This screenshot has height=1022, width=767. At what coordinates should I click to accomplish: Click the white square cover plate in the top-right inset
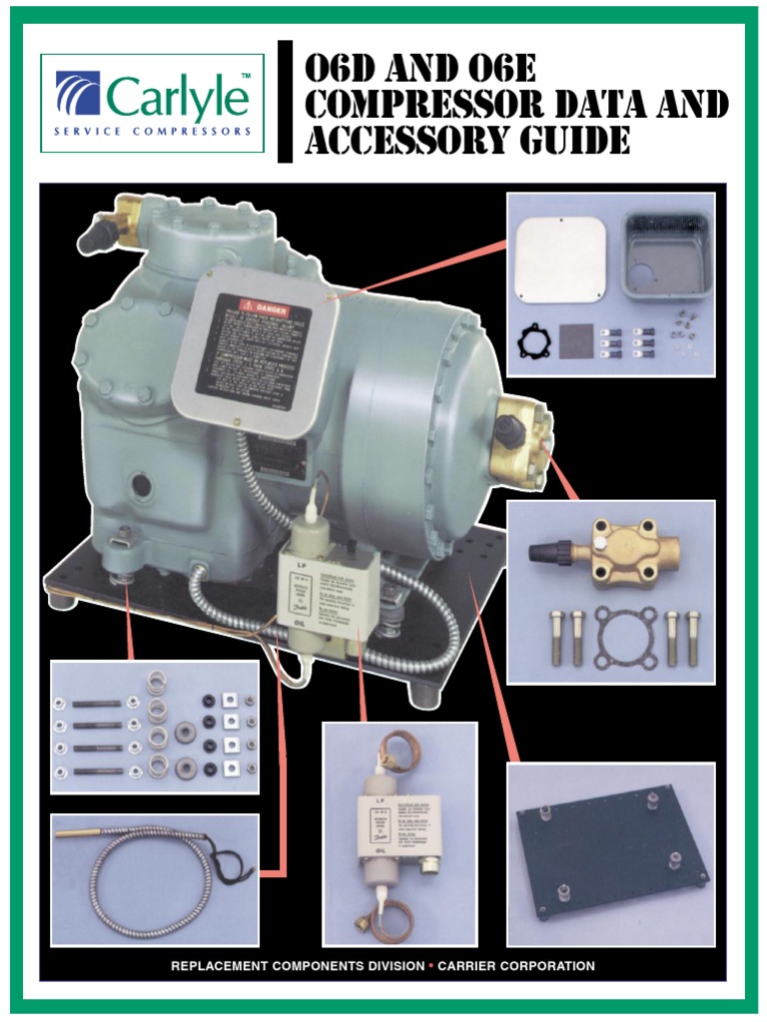(x=559, y=260)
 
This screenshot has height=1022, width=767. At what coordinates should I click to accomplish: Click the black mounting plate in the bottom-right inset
(x=609, y=854)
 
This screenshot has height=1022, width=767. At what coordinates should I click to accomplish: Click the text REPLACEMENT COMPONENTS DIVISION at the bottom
(x=290, y=966)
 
